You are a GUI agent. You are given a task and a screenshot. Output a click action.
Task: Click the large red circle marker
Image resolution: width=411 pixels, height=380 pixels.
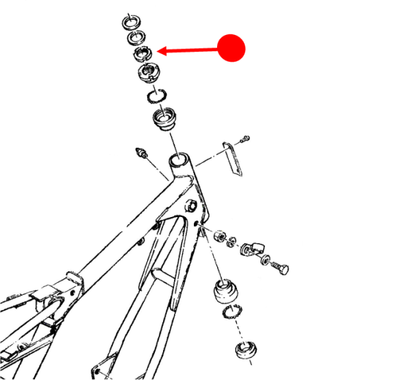[231, 48]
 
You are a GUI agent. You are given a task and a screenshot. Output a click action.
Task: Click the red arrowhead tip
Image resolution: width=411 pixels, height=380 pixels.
[158, 51]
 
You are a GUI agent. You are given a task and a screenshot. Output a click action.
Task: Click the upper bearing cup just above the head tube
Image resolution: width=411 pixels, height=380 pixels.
[164, 121]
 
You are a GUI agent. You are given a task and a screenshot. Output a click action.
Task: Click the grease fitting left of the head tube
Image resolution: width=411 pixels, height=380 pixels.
[142, 153]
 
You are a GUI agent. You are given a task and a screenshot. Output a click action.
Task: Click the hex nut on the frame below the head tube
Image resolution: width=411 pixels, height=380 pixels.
[192, 205]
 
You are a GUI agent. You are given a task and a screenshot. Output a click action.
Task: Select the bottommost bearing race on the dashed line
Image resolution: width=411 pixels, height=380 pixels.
[245, 351]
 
